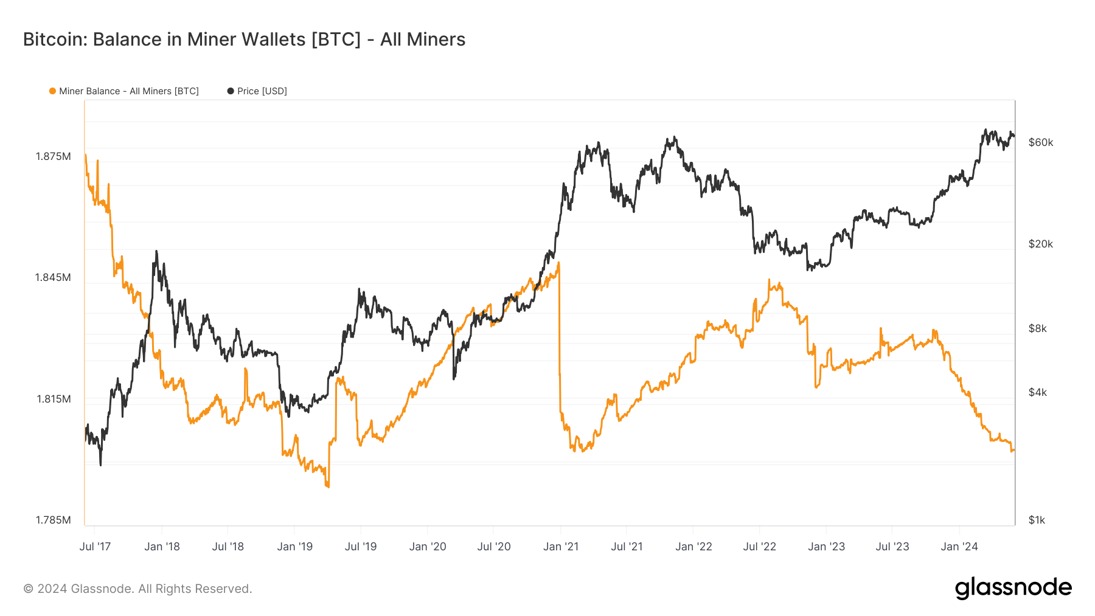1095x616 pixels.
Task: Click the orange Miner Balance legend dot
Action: (52, 91)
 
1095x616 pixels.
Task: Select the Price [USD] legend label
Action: (262, 91)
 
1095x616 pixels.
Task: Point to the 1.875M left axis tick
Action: (54, 156)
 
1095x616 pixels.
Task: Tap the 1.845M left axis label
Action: (53, 277)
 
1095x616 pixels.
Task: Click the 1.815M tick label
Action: (54, 399)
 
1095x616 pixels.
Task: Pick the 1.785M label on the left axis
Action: (53, 520)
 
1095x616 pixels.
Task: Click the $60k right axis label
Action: (1040, 142)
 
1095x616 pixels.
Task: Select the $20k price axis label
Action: (1040, 244)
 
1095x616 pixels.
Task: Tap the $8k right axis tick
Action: (1037, 328)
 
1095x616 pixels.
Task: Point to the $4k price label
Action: (1037, 392)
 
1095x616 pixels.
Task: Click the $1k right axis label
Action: (1037, 520)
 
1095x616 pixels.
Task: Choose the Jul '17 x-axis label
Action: (95, 546)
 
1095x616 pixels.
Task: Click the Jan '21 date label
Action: (560, 546)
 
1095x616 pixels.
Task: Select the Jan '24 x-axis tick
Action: (959, 546)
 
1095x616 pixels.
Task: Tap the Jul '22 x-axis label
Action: (759, 546)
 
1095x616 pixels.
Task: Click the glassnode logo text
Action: (1013, 588)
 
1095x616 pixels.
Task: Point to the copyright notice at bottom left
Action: (137, 589)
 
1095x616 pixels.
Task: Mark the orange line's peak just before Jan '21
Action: (558, 263)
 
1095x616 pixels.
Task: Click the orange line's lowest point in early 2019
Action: (327, 486)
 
